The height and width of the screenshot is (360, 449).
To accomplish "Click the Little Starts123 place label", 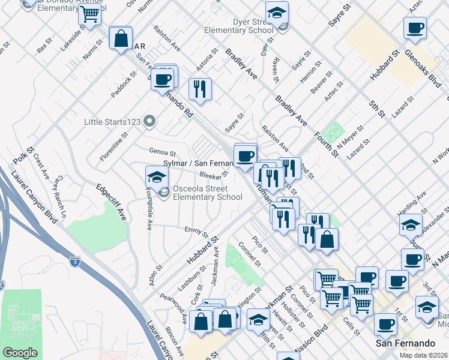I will coord(112,122).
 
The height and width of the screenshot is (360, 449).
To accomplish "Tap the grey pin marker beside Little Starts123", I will coord(150,122).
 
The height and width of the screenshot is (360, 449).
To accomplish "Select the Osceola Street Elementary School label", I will coord(207,192).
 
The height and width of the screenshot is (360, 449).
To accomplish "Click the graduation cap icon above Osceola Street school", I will coord(157,177).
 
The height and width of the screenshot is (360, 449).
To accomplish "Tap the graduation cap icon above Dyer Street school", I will coord(277,12).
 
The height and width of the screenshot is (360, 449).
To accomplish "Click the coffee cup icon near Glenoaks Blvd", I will coord(415,27).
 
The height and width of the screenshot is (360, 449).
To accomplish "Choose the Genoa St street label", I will coord(162,153).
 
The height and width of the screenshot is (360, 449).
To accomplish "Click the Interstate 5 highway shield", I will coord(73,262).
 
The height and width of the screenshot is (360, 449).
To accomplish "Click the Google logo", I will coord(20,353).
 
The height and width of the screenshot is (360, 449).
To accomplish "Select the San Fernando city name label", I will coord(405,343).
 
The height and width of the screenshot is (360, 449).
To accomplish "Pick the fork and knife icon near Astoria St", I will coord(200,89).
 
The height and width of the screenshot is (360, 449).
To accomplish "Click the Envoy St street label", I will coord(196,232).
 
